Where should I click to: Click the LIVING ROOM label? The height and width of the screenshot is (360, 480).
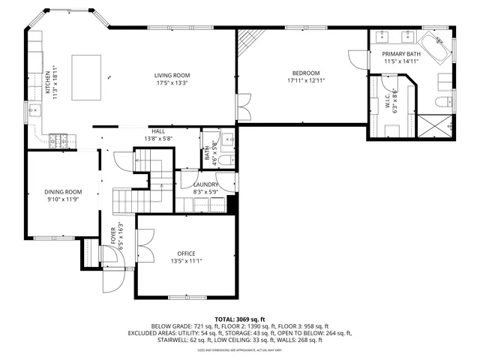[x=172, y=76]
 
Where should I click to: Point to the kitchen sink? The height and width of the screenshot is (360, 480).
[x=33, y=110]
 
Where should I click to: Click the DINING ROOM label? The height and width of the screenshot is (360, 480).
[x=63, y=192]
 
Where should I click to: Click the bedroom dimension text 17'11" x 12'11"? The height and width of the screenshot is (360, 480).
[x=307, y=79]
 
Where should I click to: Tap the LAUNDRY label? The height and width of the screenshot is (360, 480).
[x=205, y=184]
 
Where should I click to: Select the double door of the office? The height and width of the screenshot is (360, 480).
[x=145, y=243]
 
